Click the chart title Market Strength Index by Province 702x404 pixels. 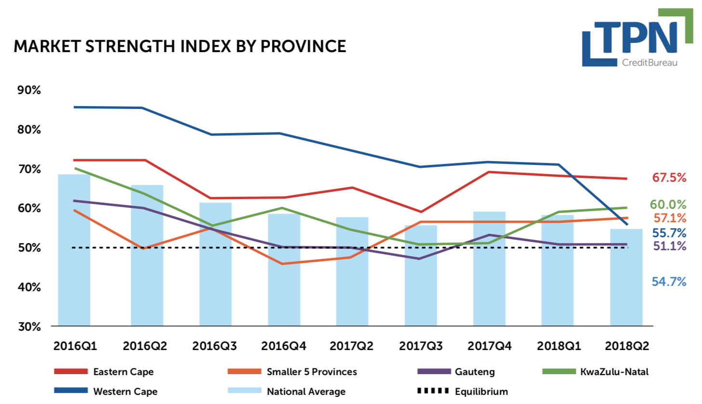(x=180, y=46)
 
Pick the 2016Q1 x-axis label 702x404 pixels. (x=75, y=346)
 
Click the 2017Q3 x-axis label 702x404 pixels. (x=421, y=346)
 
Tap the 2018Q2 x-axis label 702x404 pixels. (x=627, y=346)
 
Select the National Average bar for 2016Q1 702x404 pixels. (x=74, y=251)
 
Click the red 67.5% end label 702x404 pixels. (x=669, y=177)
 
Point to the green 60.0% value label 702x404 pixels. (x=669, y=204)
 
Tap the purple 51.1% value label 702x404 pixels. (x=669, y=246)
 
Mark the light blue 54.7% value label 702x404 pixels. (x=669, y=282)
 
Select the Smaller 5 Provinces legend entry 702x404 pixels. (x=311, y=372)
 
